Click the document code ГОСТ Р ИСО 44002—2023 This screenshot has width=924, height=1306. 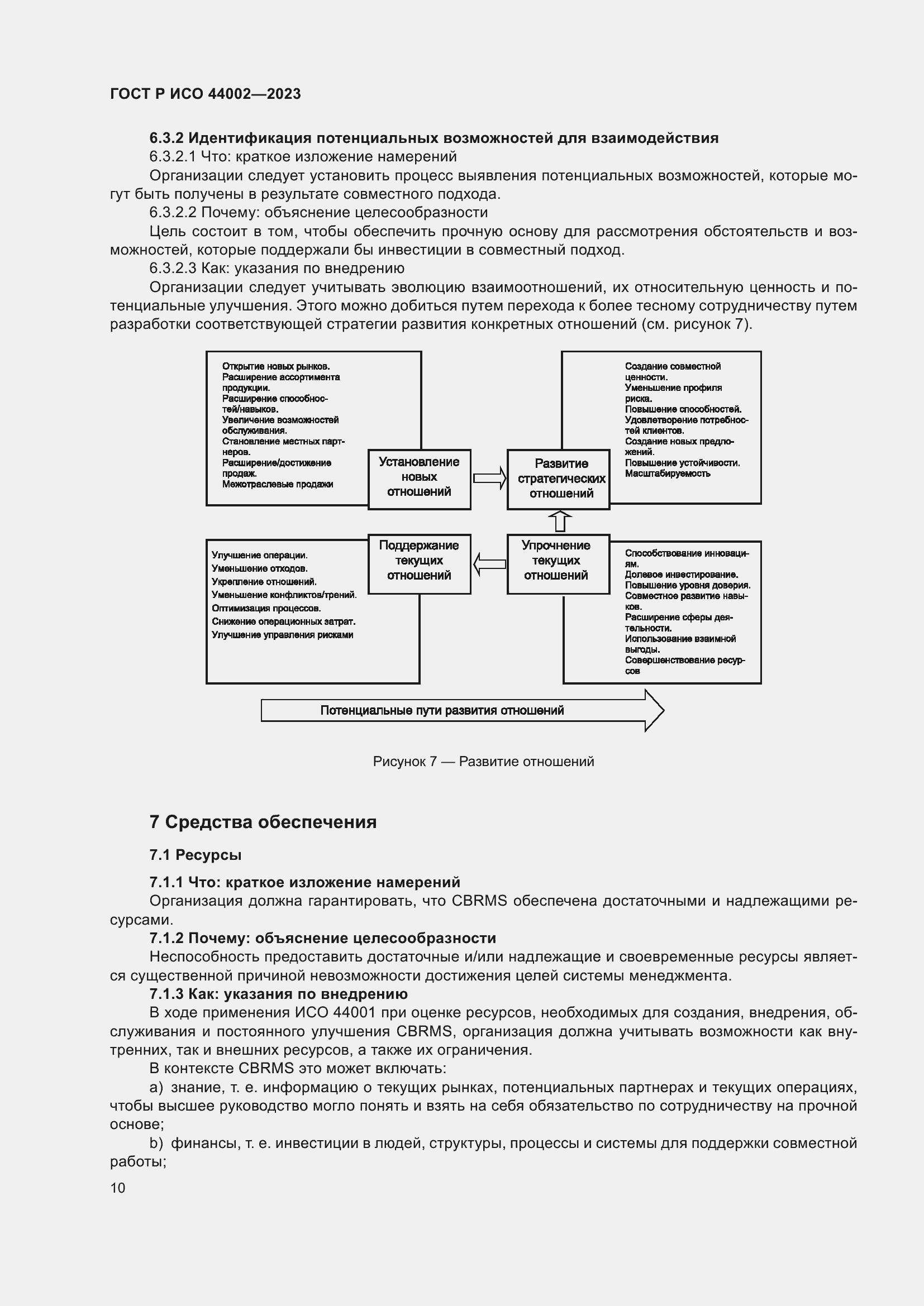coord(206,94)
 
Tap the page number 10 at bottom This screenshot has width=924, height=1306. coord(118,1188)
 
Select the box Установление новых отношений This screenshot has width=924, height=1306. coord(419,477)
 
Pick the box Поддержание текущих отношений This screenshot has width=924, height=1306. coord(419,561)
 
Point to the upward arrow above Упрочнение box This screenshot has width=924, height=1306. coord(560,521)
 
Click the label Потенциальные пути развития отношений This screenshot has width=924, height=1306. coord(441,710)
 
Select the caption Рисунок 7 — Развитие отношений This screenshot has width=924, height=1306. coord(483,762)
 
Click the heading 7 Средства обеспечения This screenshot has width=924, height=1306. coord(263,822)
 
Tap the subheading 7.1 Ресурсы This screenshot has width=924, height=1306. coord(195,855)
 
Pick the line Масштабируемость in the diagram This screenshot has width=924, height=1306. coord(667,473)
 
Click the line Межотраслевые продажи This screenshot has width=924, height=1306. coord(278,484)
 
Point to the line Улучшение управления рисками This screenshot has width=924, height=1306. coord(282,635)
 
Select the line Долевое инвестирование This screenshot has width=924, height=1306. coord(681,575)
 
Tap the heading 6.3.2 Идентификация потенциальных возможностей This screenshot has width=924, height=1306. coord(434,138)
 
